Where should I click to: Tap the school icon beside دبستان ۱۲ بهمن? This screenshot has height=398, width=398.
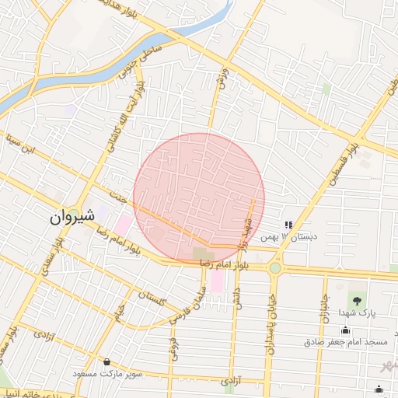pyautogui.click(x=288, y=225)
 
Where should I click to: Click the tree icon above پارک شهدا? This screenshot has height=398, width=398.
pyautogui.click(x=357, y=299)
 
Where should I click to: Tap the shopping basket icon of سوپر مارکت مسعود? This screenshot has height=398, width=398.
pyautogui.click(x=106, y=361)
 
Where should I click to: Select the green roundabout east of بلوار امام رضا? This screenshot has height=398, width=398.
pyautogui.click(x=275, y=268)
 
